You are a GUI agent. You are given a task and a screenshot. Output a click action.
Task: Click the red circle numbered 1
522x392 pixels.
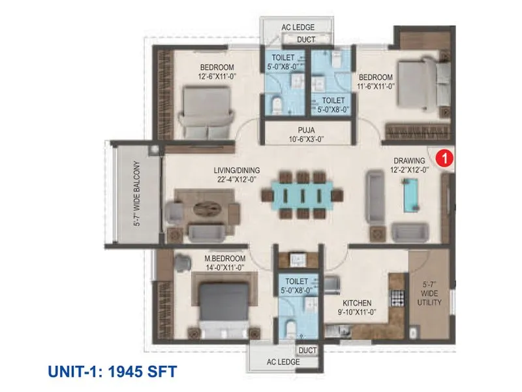[444, 158]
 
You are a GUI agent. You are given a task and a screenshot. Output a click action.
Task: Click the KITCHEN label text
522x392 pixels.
[357, 303]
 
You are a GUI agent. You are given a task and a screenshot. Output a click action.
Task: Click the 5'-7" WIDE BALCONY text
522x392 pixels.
[136, 194]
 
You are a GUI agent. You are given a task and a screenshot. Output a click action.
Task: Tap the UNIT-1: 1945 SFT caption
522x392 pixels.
[112, 372]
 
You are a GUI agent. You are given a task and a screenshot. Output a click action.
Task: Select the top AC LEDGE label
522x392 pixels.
[298, 27]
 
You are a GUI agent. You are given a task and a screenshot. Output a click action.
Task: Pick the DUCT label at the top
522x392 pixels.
[306, 40]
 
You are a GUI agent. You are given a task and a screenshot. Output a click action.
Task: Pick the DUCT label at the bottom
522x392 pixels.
[307, 350]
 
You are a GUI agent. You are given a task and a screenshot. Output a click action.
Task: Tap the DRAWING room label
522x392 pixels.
[409, 160]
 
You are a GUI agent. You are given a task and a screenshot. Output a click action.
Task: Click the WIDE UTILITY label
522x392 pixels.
[430, 298]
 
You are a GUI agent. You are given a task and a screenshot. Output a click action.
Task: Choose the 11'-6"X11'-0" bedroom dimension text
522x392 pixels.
[375, 86]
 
